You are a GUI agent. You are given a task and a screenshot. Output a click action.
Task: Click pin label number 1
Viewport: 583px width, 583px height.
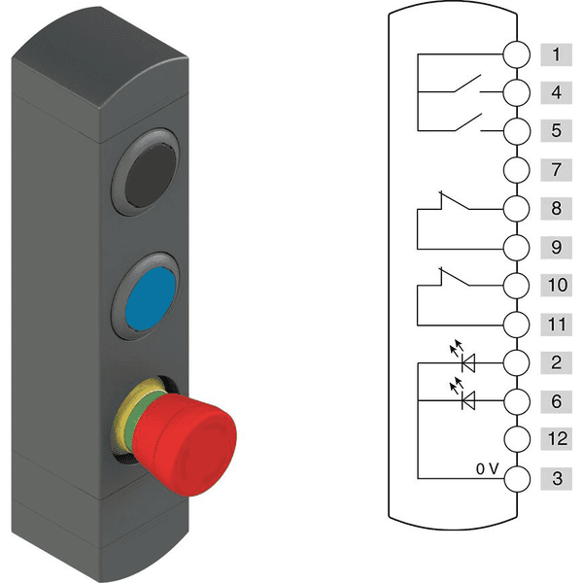[x=555, y=54]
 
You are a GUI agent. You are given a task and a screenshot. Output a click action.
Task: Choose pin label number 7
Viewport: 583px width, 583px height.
[x=555, y=170]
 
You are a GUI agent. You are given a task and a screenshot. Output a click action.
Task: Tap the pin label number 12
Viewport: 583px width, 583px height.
[x=555, y=439]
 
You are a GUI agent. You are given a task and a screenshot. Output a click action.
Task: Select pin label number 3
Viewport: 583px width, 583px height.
[x=555, y=478]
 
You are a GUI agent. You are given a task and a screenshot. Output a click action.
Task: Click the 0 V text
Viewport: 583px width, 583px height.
[x=487, y=468]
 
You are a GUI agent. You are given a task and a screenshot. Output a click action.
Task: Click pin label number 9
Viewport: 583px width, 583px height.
[x=555, y=247]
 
